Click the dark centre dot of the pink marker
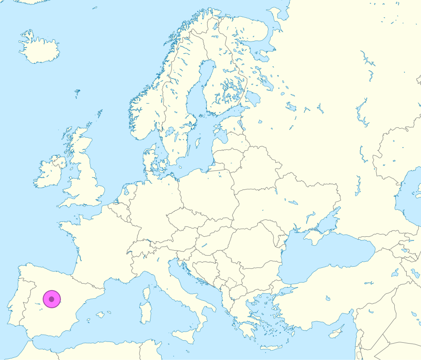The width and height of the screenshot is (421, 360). [51, 299]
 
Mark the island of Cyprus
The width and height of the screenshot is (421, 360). [337, 331]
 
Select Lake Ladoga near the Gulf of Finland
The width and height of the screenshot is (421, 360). [253, 99]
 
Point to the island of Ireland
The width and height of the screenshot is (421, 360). [49, 173]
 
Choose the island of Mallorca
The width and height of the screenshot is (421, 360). [100, 315]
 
